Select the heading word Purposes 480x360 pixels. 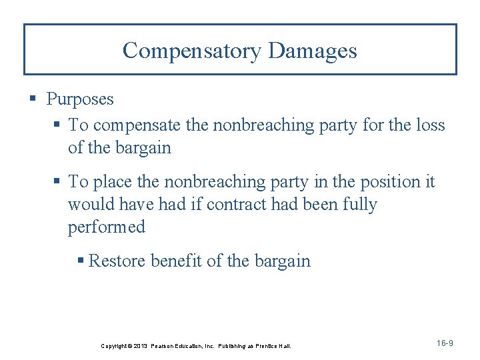point(80,99)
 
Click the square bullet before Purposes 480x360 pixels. point(33,100)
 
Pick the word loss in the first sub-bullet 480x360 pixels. point(431,125)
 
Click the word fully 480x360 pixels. point(359,205)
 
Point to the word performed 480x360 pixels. point(106,227)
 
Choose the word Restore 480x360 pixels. point(117,261)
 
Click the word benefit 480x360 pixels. point(176,261)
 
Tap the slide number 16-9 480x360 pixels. point(445,343)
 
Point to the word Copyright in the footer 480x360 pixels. point(114,346)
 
